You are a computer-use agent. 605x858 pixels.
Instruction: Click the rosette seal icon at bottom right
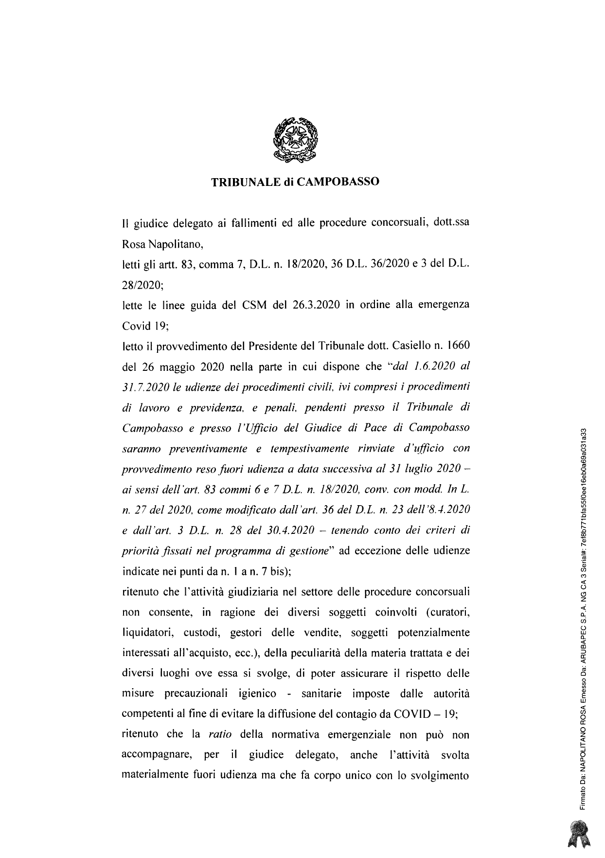(x=581, y=834)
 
